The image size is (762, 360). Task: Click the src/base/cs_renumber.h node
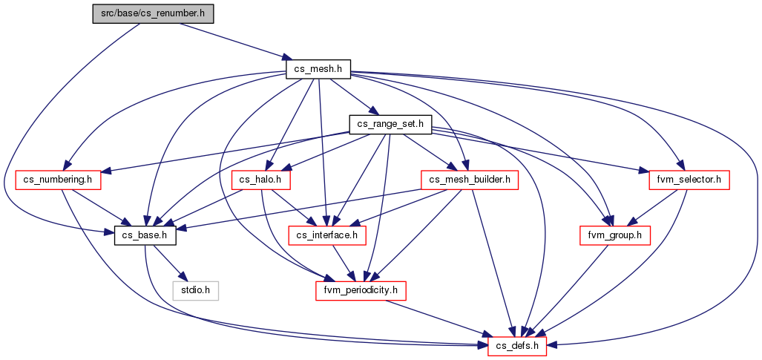tap(153, 14)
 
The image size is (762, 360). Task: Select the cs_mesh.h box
tap(318, 69)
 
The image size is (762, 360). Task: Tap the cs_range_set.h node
tap(391, 125)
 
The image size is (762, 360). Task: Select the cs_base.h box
tap(145, 235)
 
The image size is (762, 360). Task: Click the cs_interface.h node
tap(327, 235)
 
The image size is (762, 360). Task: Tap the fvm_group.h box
tap(615, 235)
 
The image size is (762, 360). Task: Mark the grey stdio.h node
tap(196, 291)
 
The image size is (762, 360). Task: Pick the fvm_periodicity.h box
tap(361, 291)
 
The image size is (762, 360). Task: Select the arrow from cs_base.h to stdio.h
tap(167, 264)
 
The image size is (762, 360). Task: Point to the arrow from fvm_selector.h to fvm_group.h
tap(651, 208)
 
